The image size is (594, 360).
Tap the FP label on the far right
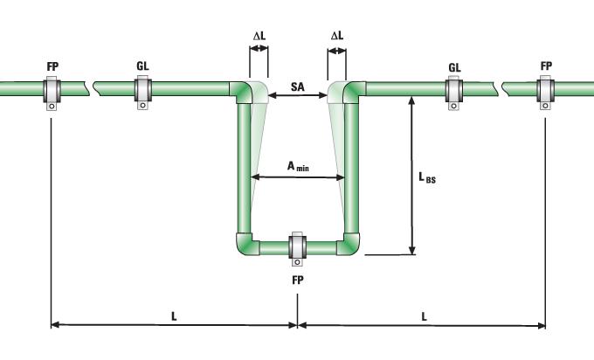[x=546, y=66]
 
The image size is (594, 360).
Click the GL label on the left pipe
[x=142, y=66]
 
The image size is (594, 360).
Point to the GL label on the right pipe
[x=454, y=66]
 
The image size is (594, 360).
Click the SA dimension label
[x=298, y=87]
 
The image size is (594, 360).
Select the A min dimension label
[x=298, y=165]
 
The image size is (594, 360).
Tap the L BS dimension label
[x=426, y=178]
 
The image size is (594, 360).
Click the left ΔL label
[x=259, y=36]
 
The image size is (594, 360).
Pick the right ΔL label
[x=337, y=36]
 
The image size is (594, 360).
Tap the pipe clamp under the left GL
[x=142, y=90]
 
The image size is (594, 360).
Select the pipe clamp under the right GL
[x=454, y=90]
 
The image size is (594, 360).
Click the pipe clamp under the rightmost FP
[x=546, y=90]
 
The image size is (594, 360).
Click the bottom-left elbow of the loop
[x=245, y=244]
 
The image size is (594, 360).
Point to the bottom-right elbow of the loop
[x=350, y=244]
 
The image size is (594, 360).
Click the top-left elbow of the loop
[x=244, y=91]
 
